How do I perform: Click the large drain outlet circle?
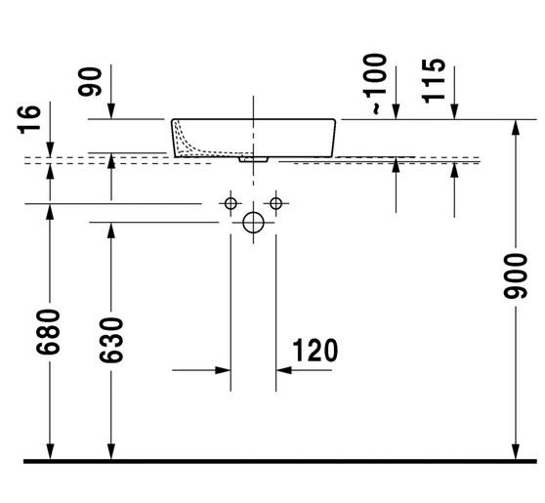click(x=253, y=222)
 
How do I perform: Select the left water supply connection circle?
click(x=231, y=203)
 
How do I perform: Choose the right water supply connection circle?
click(x=276, y=203)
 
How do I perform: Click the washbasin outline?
click(x=254, y=138)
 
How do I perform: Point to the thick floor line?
click(x=272, y=459)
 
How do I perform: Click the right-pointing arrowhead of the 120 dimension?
click(x=224, y=371)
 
